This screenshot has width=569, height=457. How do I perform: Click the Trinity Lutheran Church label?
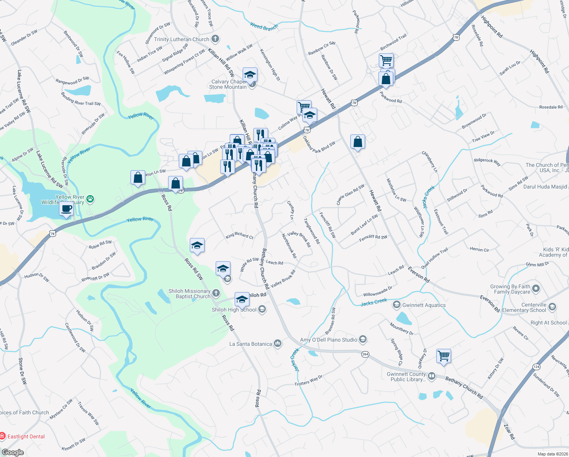[182, 39]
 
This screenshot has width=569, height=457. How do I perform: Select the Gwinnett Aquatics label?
[424, 305]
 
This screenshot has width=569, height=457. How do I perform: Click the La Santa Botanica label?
[251, 344]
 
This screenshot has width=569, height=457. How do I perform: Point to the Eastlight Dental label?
[26, 436]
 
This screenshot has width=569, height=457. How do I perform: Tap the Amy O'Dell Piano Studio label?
[329, 340]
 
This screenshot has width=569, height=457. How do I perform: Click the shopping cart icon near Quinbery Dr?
[443, 356]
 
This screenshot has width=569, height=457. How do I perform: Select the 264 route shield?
[365, 354]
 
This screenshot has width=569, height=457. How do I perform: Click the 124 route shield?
[536, 367]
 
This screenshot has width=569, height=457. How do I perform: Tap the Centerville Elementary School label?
[524, 307]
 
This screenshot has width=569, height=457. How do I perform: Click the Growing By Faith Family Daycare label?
[510, 289]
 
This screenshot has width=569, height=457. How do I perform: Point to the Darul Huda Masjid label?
[545, 187]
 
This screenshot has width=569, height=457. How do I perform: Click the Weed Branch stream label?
[264, 27]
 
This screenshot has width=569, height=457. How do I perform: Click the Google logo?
[13, 452]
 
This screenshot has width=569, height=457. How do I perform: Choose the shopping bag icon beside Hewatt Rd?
[358, 142]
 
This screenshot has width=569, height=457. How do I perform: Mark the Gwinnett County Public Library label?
[406, 377]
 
